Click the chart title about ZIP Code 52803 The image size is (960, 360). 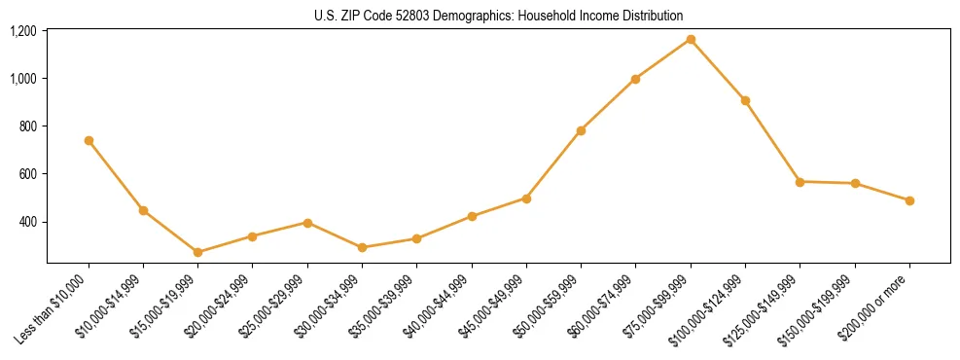click(499, 16)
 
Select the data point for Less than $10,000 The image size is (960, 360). click(89, 140)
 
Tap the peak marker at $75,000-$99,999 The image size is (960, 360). click(691, 39)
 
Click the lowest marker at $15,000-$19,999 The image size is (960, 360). click(197, 252)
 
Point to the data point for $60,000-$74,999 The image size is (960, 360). click(635, 79)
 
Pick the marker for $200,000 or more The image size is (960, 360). click(909, 200)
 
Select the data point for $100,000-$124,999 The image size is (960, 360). click(745, 100)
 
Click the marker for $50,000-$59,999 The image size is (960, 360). click(581, 130)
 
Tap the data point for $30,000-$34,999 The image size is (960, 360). click(362, 247)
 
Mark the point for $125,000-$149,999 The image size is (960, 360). click(800, 182)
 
